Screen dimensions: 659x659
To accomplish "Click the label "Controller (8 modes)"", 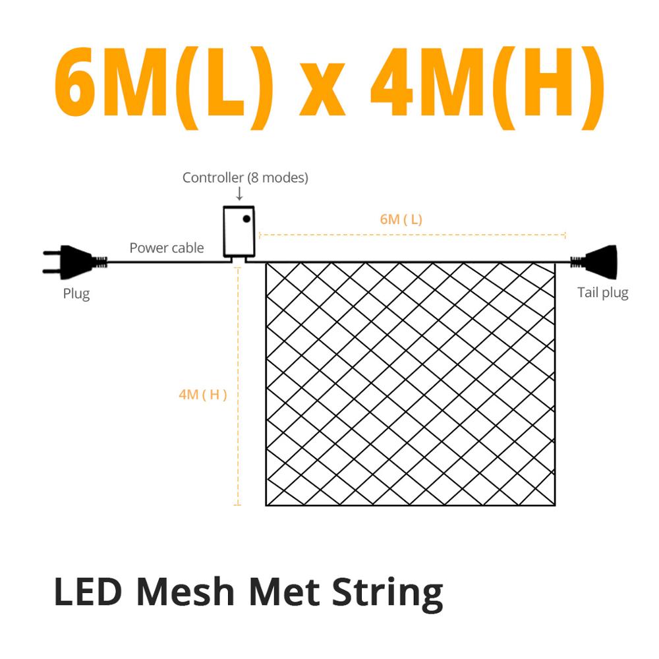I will [x=245, y=177].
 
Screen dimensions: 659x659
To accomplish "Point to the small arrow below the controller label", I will [x=239, y=194].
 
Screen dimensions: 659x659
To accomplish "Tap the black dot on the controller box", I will [x=246, y=217].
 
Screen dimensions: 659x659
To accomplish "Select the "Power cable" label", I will [x=167, y=248].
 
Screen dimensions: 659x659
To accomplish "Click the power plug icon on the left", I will [x=72, y=262].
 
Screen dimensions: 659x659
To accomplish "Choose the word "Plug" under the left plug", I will [x=76, y=293].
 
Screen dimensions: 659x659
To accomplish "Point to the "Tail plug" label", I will [x=602, y=293].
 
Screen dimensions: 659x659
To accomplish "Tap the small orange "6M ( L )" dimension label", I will [x=401, y=219].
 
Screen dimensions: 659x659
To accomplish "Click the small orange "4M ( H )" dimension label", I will [x=203, y=395].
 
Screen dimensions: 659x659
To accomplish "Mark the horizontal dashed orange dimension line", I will [x=412, y=233].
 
